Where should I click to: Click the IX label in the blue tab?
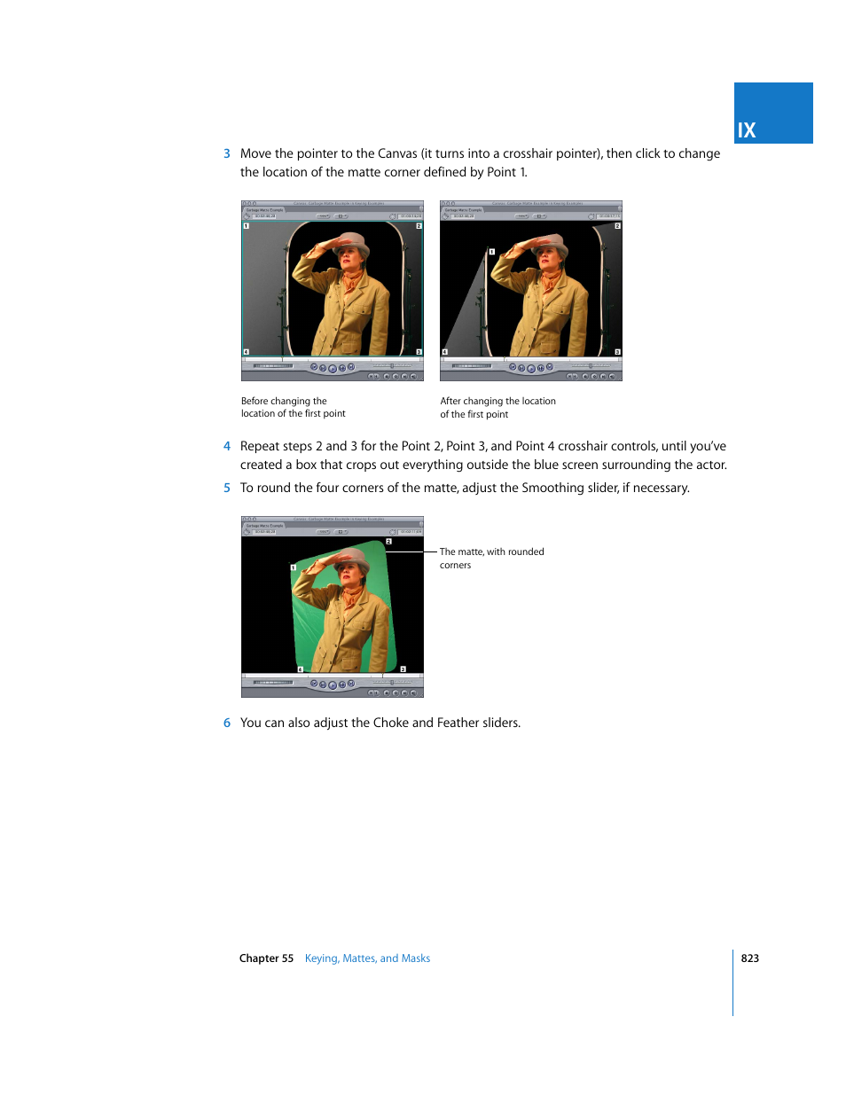pyautogui.click(x=747, y=130)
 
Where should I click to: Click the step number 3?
pyautogui.click(x=227, y=154)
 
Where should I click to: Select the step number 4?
pyautogui.click(x=227, y=447)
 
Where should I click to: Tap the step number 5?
pyautogui.click(x=227, y=489)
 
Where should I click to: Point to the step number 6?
pyautogui.click(x=227, y=723)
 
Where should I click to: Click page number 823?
pyautogui.click(x=749, y=958)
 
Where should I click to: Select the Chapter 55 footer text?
pyautogui.click(x=266, y=958)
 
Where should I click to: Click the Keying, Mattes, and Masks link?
pyautogui.click(x=367, y=958)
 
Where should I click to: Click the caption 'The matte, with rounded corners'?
pyautogui.click(x=491, y=558)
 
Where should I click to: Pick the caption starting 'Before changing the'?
pyautogui.click(x=293, y=407)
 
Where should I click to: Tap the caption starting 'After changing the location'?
pyautogui.click(x=497, y=407)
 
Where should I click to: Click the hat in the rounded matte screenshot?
pyautogui.click(x=353, y=559)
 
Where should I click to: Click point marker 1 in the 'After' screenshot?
pyautogui.click(x=492, y=252)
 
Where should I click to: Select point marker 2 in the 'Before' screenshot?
pyautogui.click(x=419, y=226)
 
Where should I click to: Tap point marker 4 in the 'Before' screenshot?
pyautogui.click(x=247, y=352)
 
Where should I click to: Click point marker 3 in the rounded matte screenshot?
pyautogui.click(x=403, y=669)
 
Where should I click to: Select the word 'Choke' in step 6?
pyautogui.click(x=391, y=723)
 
